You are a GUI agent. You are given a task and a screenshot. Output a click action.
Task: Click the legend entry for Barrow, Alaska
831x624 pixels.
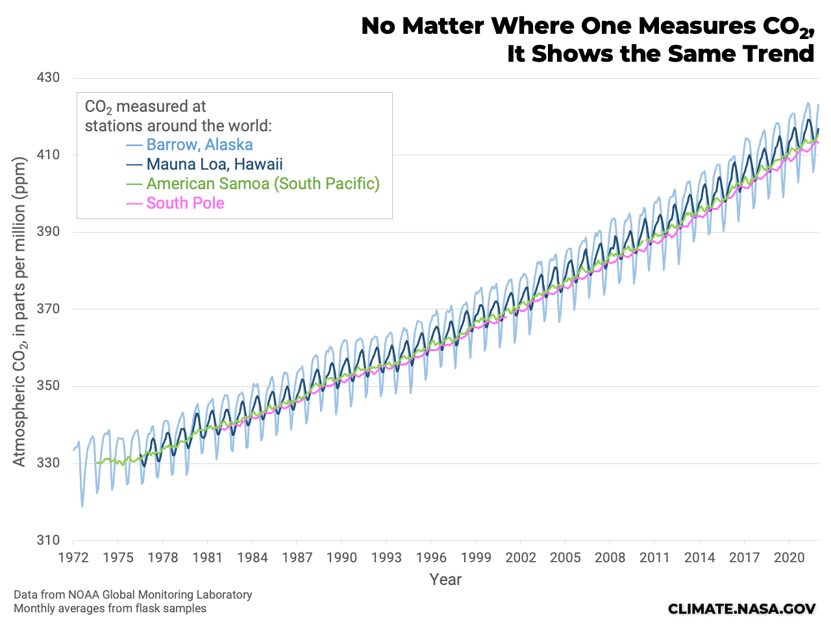199,145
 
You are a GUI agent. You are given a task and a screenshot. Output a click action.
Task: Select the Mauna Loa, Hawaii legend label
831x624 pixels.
214,164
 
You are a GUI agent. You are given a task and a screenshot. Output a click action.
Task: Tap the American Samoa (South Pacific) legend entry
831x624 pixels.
262,184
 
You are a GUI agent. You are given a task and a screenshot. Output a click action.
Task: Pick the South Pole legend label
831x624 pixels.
185,203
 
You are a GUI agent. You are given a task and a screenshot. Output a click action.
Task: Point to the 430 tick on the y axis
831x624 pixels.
47,78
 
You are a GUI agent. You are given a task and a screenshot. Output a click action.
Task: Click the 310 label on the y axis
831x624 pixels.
47,540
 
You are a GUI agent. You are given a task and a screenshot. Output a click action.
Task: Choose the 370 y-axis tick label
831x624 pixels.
47,309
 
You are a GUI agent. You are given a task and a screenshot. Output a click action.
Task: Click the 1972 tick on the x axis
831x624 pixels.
73,558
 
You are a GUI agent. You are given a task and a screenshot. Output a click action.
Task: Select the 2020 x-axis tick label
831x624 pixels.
789,558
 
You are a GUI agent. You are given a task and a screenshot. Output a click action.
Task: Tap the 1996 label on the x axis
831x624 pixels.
431,558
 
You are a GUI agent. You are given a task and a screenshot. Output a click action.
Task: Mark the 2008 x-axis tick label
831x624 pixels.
610,558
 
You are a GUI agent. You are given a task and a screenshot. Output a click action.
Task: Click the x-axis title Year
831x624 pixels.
445,580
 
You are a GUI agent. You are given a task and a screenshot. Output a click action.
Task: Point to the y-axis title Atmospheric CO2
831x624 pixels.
19,312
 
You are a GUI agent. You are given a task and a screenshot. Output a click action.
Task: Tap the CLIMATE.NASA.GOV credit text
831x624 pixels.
741,608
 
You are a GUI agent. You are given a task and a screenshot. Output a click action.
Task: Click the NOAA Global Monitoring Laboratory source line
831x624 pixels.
132,595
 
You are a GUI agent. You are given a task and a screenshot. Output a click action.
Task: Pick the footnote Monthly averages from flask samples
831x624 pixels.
110,609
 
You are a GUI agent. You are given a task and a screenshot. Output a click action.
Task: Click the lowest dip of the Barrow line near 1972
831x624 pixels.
82,506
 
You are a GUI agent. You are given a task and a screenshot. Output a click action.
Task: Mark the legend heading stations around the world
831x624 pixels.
178,125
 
